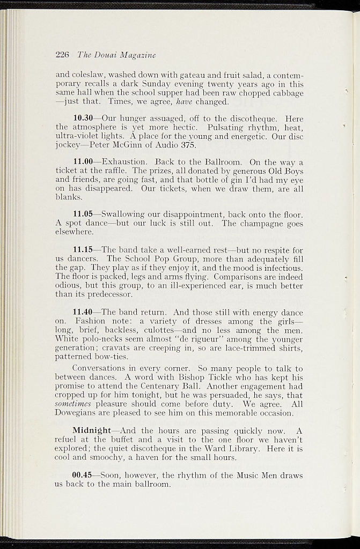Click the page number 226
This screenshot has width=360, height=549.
[x=63, y=55]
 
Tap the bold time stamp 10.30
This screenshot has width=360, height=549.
[x=83, y=118]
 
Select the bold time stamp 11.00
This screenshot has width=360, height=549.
[x=83, y=162]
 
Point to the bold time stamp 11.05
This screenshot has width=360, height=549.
[x=83, y=214]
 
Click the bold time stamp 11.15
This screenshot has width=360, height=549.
[x=83, y=250]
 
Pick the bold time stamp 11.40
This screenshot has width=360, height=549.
[x=83, y=312]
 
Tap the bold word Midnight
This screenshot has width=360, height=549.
[x=91, y=431]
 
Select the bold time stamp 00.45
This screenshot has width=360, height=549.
[x=83, y=475]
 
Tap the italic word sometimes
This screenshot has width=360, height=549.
[x=72, y=404]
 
